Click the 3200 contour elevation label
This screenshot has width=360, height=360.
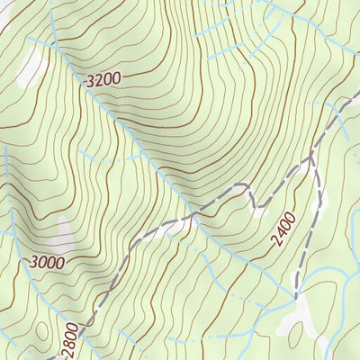point(102,80)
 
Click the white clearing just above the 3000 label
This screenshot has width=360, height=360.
point(59,235)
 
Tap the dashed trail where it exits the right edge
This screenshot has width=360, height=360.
point(356,93)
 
